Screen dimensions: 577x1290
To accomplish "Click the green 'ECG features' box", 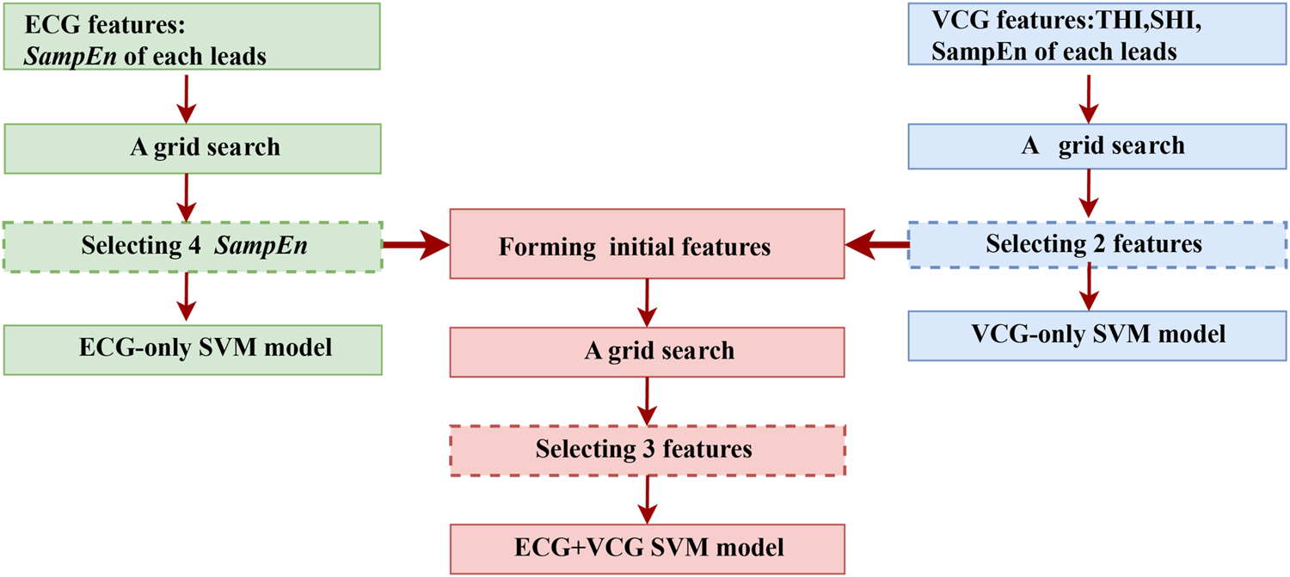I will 191,36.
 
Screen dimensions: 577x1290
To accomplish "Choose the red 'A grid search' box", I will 648,351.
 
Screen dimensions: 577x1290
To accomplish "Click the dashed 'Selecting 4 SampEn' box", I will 191,246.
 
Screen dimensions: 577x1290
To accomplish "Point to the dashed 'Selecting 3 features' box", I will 648,450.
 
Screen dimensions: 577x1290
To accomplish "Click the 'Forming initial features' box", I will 648,248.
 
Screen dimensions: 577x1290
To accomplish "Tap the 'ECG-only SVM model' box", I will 191,349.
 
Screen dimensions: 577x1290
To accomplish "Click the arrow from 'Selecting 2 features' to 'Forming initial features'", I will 877,247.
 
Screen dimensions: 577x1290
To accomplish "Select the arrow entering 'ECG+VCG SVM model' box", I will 646,499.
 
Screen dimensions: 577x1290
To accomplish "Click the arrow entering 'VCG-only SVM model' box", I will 1090,288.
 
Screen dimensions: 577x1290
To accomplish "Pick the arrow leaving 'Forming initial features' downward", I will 646,301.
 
